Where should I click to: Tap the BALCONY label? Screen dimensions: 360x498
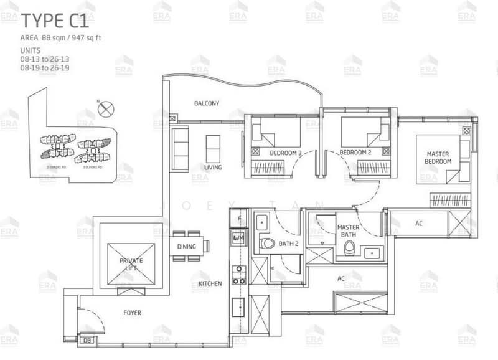(x=205, y=103)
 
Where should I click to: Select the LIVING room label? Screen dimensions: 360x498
(x=214, y=167)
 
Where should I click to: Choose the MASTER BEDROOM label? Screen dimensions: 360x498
(x=438, y=157)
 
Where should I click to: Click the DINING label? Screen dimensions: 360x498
(x=186, y=247)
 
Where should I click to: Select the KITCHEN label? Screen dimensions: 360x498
(x=210, y=284)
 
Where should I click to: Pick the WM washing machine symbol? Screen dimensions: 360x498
(x=238, y=239)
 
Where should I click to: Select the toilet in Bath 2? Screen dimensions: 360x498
(x=268, y=244)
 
